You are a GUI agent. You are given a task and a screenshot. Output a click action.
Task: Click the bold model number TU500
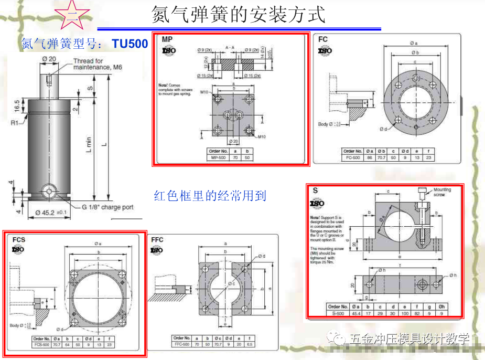(x=130, y=44)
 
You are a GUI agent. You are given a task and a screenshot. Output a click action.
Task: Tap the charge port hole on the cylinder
(x=50, y=191)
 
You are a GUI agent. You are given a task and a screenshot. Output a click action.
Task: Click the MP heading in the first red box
(x=167, y=39)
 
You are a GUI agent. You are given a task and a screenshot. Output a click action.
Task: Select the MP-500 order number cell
(x=218, y=157)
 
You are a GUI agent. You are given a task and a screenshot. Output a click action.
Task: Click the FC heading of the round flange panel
(x=323, y=39)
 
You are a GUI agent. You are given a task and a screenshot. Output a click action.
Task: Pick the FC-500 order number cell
(x=353, y=157)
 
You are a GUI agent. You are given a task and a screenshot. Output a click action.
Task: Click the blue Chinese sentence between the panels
(x=210, y=196)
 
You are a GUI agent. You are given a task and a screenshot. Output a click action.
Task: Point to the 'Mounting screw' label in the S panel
(x=442, y=192)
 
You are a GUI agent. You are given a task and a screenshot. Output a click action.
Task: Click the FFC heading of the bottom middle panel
(x=157, y=240)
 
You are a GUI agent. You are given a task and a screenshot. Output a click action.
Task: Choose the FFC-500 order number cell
(x=182, y=344)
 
